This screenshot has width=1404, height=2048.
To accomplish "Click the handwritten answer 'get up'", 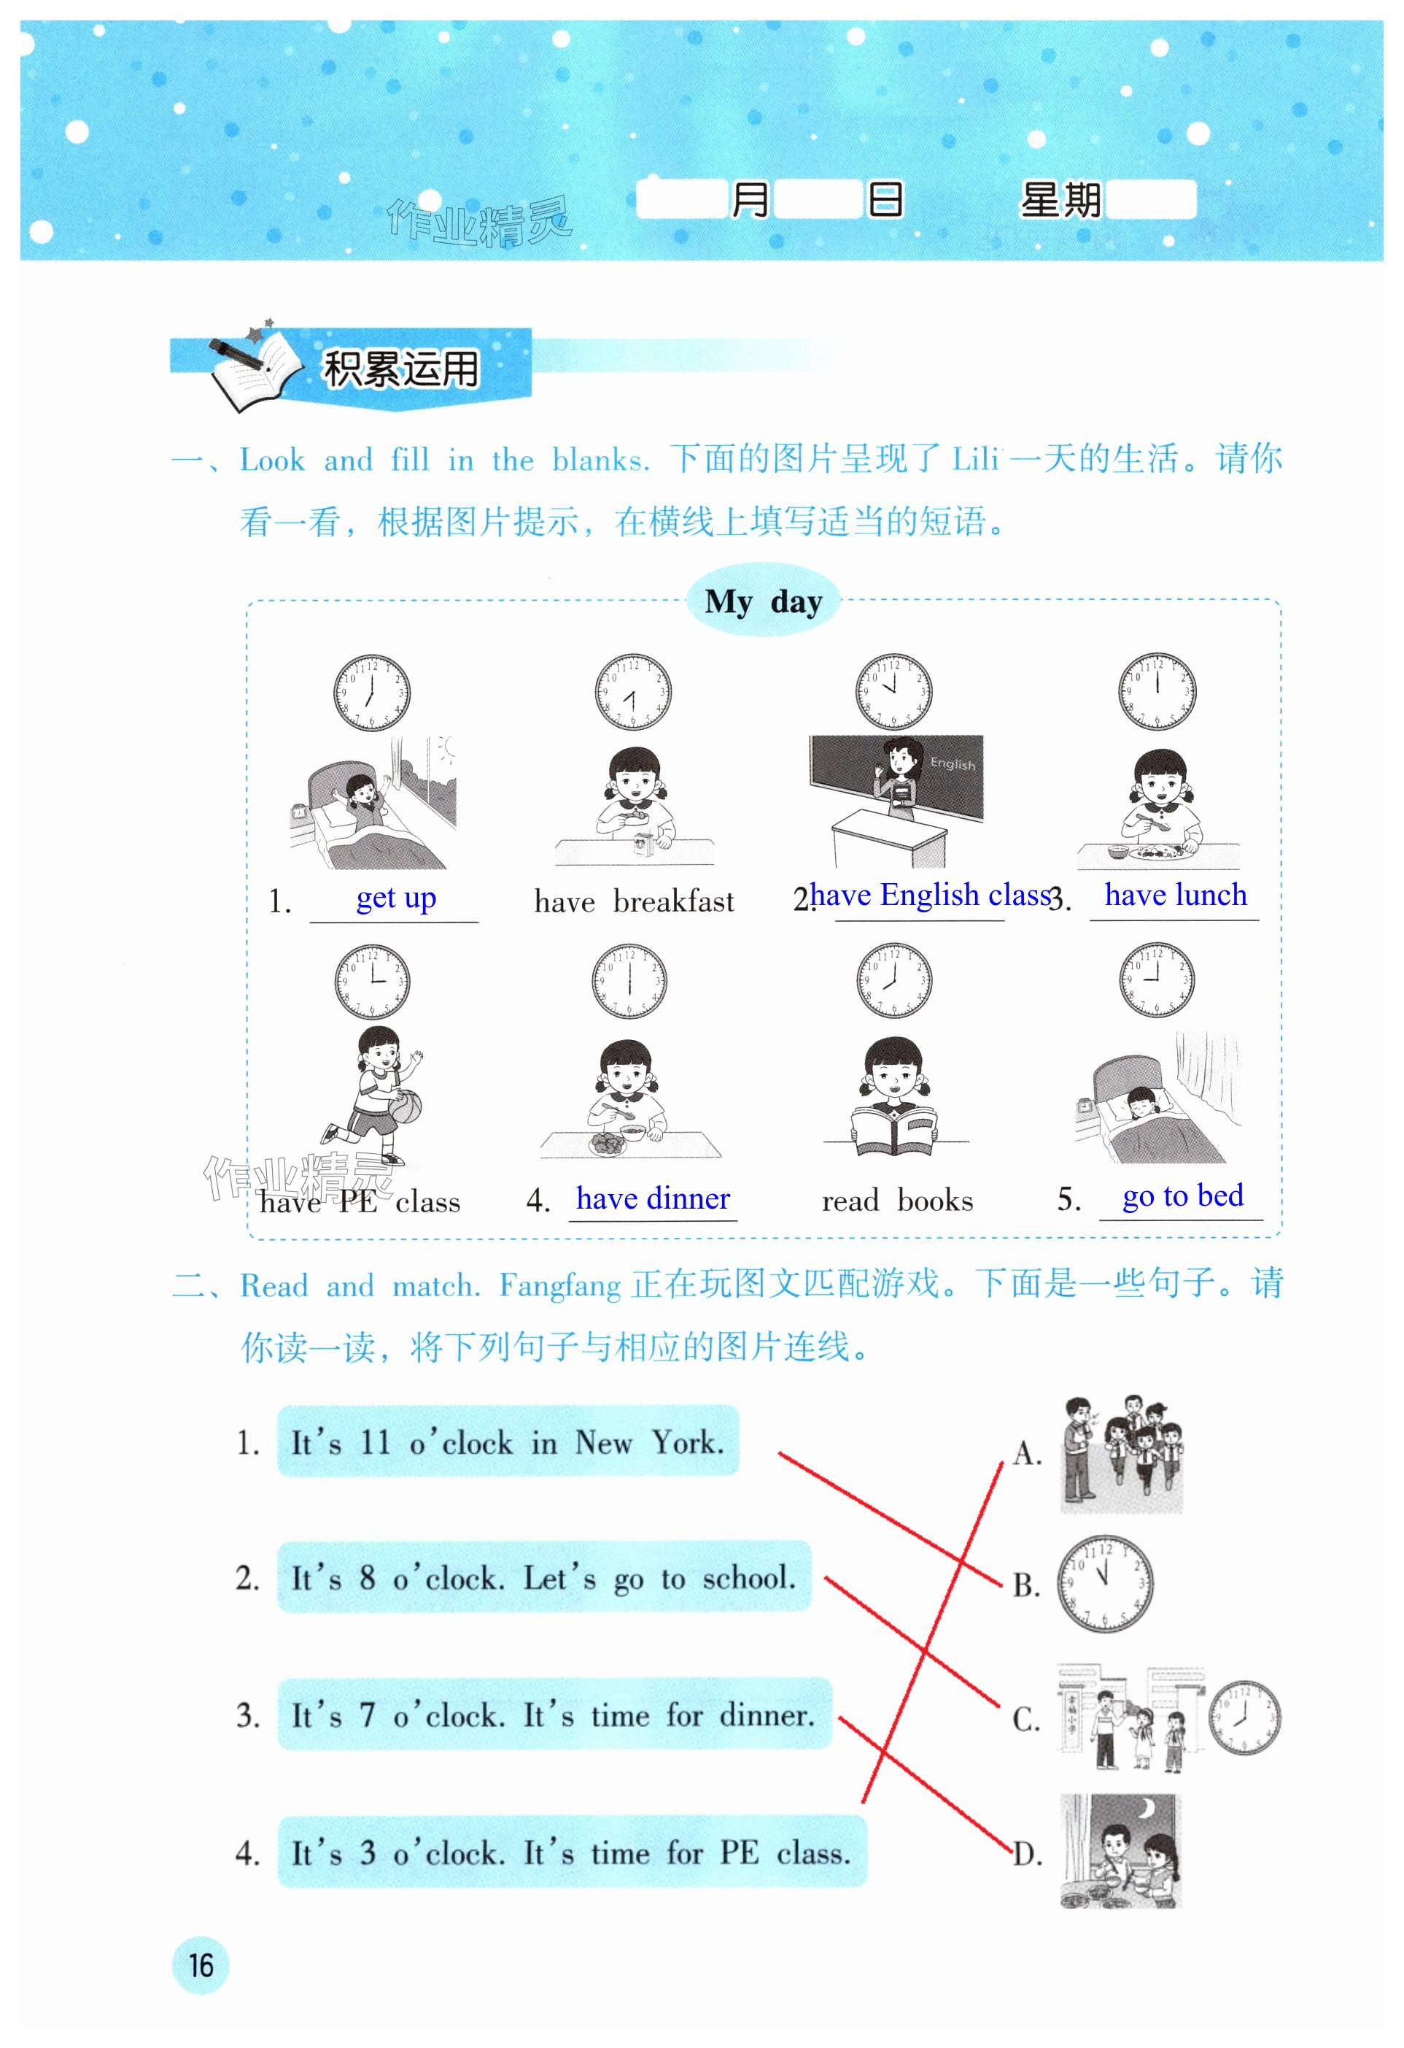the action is (395, 898).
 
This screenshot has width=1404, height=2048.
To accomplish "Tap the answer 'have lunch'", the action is (1175, 895).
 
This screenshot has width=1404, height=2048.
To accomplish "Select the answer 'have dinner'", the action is (653, 1198).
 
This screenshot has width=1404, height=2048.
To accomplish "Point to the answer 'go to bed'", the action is (1182, 1196).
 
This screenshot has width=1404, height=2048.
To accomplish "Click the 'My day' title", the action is (763, 603).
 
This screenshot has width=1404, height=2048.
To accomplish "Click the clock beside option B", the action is (1104, 1584).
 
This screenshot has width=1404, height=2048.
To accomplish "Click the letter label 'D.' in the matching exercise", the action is (1027, 1854).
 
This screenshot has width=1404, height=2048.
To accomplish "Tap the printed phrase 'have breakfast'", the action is (635, 901).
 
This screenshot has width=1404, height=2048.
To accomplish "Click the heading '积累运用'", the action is (400, 369).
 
